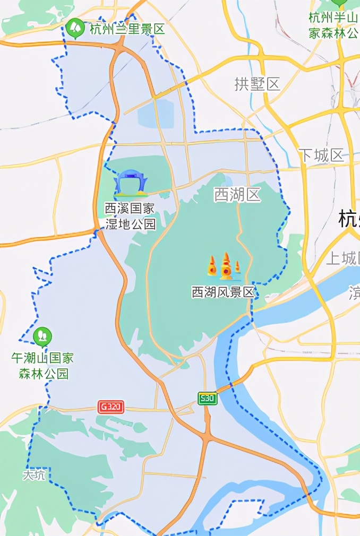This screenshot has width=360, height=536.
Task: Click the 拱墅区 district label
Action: click(257, 84)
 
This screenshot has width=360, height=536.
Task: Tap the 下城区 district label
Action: click(321, 155)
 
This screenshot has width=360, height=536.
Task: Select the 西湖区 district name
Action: click(237, 195)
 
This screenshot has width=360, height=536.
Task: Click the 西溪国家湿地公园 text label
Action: click(131, 216)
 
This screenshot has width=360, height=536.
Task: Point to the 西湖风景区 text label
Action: click(224, 292)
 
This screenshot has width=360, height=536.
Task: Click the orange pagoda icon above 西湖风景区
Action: click(225, 267)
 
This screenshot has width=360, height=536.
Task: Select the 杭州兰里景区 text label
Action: click(127, 29)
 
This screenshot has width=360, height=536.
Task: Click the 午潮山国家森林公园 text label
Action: click(42, 366)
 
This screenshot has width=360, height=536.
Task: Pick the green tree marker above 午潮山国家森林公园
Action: click(42, 336)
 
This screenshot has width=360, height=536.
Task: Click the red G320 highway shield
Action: click(111, 407)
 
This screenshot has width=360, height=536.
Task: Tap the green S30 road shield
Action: click(207, 398)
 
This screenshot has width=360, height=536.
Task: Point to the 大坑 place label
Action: click(35, 475)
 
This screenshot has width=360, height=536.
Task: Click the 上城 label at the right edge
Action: click(342, 258)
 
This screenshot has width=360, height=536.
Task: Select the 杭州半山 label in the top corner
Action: click(333, 25)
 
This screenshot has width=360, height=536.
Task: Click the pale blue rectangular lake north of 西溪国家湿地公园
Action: click(156, 114)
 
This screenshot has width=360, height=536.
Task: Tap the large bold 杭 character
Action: click(349, 219)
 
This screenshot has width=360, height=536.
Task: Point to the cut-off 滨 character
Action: click(354, 292)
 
